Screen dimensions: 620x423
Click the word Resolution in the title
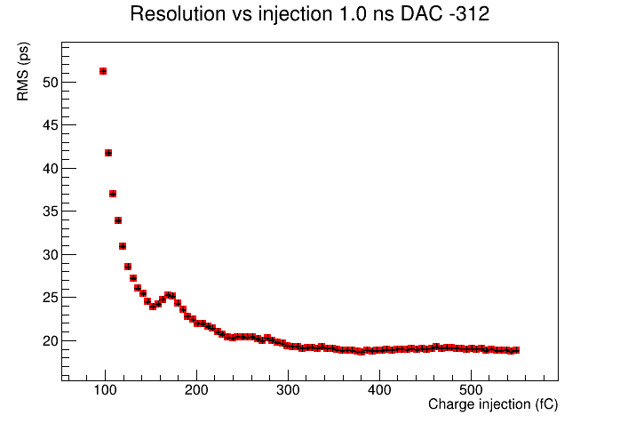pos(178,14)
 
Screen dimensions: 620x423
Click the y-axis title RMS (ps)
pos(23,72)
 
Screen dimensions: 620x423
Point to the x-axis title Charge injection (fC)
pos(493,404)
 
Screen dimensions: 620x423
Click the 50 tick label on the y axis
pos(51,83)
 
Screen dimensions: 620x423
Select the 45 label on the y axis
pos(51,125)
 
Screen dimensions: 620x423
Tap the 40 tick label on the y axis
pos(51,169)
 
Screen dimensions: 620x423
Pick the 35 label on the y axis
pos(51,211)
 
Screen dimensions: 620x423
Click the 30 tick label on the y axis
pos(51,255)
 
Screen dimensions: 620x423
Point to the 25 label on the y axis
pos(51,298)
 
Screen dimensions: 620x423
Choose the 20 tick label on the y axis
pos(51,340)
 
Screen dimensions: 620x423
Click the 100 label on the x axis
pos(105,390)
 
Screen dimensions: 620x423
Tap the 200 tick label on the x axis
pos(196,390)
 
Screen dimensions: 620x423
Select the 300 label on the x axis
pos(289,390)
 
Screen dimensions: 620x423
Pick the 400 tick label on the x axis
pos(379,390)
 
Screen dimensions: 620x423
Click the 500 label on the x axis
pos(472,390)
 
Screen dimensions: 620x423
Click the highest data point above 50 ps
pos(103,71)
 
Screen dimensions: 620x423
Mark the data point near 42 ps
pos(108,153)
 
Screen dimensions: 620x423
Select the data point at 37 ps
pos(113,194)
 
